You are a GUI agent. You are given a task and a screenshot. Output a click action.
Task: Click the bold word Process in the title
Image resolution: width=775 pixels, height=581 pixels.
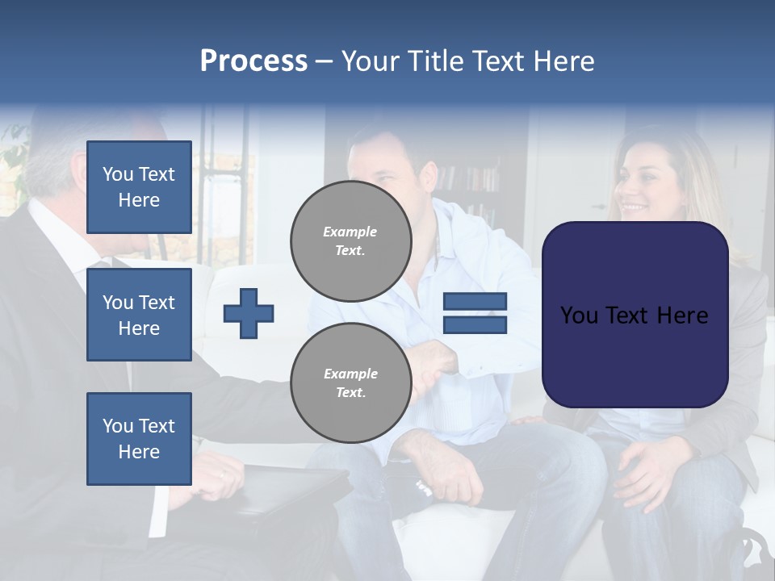click(x=253, y=61)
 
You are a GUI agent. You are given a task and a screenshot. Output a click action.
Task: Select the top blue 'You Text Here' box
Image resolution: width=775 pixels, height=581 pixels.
click(x=139, y=187)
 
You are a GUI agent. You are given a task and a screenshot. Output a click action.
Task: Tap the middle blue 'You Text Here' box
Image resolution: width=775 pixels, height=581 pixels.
click(x=139, y=315)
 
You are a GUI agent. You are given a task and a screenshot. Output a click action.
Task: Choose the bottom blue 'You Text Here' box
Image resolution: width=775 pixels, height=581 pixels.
click(x=139, y=439)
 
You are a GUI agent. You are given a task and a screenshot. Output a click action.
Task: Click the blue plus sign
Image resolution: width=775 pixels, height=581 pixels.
click(x=249, y=313)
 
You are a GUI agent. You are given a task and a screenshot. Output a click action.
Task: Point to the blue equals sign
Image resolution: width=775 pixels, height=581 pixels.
click(x=475, y=313)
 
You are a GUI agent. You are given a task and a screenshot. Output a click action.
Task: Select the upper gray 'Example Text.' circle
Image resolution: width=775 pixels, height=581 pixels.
click(x=350, y=240)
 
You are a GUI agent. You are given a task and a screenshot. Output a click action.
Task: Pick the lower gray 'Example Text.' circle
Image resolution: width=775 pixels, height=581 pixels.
click(x=350, y=382)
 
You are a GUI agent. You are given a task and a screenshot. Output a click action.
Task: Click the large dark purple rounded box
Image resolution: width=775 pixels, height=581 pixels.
click(x=635, y=315)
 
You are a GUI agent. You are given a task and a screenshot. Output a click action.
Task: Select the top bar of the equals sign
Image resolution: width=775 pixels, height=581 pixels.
click(x=475, y=302)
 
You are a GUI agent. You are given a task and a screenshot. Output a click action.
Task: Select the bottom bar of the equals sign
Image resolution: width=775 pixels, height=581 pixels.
click(x=475, y=324)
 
